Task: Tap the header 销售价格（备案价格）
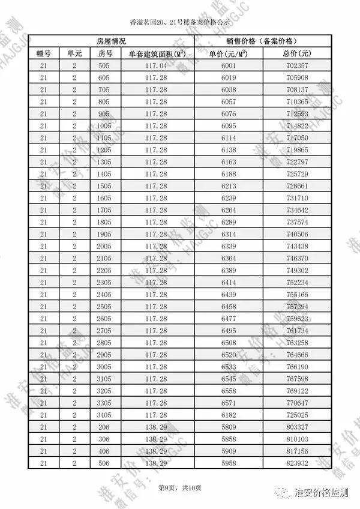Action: [x=261, y=41]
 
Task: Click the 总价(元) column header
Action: [x=295, y=53]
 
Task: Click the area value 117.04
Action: [x=155, y=65]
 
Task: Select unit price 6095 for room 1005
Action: [x=229, y=126]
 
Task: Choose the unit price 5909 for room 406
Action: [x=229, y=451]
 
